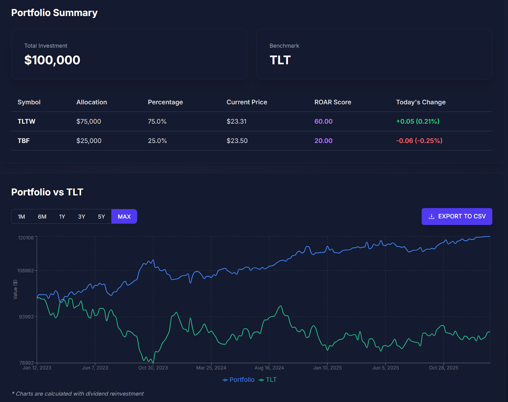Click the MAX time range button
(x=124, y=217)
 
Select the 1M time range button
(x=21, y=217)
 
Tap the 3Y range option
(x=82, y=217)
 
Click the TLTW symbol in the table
(x=26, y=122)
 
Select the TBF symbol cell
(x=23, y=141)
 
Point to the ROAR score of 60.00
(x=323, y=122)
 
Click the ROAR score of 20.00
(x=323, y=141)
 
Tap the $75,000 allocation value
(x=89, y=122)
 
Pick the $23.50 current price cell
(x=237, y=141)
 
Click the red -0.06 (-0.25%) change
(x=419, y=141)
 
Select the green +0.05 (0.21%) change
(x=418, y=122)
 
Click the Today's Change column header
(x=421, y=102)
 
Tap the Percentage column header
(x=165, y=102)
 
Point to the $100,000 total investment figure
(x=52, y=60)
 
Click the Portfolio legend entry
(x=239, y=380)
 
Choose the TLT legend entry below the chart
(x=268, y=380)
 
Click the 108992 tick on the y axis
(x=25, y=271)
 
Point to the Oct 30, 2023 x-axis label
(x=153, y=368)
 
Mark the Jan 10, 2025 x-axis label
(x=327, y=368)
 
